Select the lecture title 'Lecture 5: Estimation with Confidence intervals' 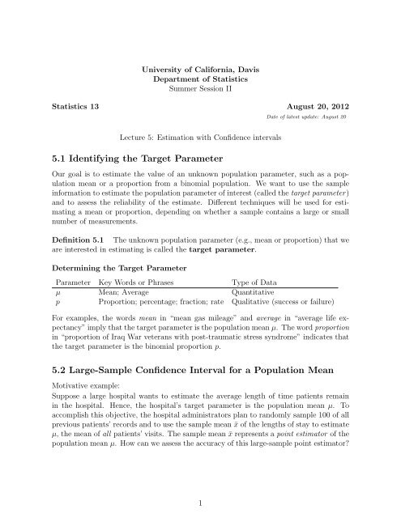(x=200, y=138)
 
